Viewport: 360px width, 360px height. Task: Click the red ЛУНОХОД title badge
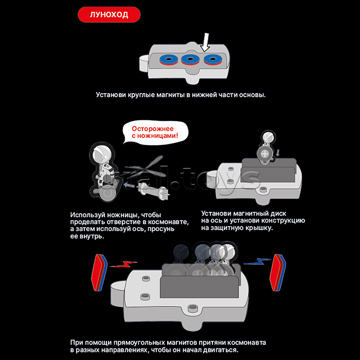(x=109, y=14)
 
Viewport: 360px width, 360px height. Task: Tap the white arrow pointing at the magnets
(x=205, y=43)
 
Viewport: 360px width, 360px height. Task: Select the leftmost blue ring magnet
(x=169, y=59)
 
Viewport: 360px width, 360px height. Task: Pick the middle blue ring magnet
(x=190, y=59)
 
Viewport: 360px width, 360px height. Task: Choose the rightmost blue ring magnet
(x=212, y=59)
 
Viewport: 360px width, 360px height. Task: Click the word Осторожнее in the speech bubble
(x=153, y=129)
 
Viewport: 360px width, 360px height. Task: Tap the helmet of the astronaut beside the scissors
(x=101, y=153)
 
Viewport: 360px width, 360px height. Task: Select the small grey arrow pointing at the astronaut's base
(x=130, y=184)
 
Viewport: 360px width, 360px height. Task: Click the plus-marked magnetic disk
(x=264, y=154)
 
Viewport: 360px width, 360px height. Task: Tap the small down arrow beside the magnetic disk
(x=278, y=153)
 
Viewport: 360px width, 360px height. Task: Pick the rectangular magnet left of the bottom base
(x=99, y=273)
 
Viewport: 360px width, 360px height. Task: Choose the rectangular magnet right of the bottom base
(x=278, y=273)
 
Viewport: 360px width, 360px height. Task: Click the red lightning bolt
(x=123, y=264)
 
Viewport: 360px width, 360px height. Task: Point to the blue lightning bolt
(x=257, y=261)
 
